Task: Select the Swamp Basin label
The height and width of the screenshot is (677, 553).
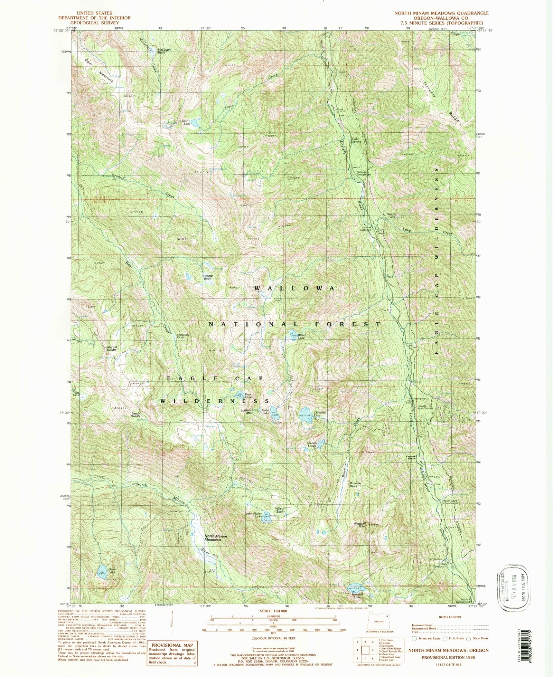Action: (207, 277)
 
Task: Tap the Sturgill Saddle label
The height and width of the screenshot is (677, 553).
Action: (112, 349)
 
